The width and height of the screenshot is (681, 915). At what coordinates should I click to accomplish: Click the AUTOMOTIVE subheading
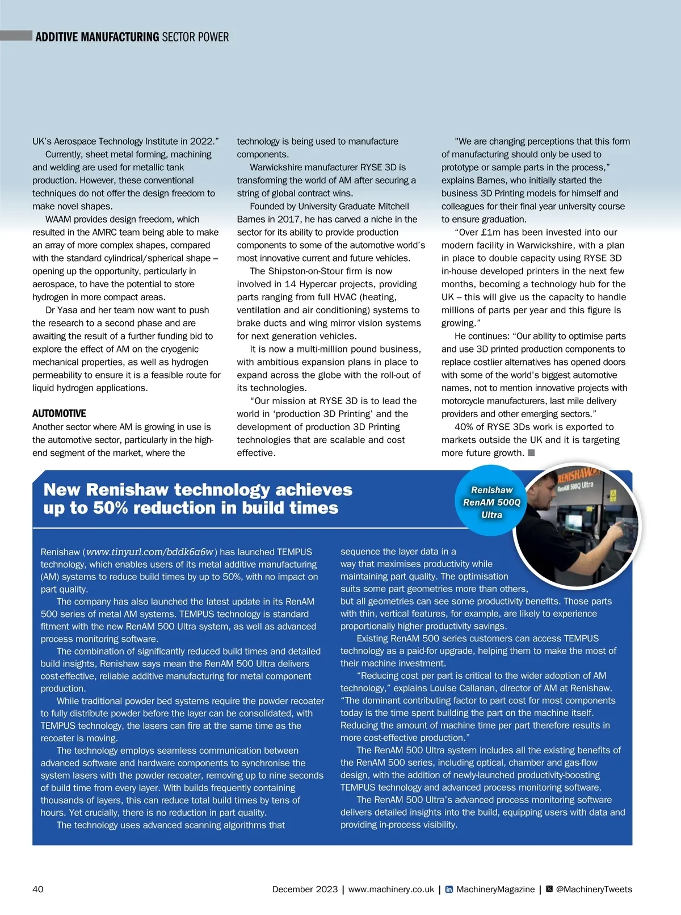(x=59, y=413)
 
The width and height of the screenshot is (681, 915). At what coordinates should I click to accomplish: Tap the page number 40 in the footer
(x=38, y=889)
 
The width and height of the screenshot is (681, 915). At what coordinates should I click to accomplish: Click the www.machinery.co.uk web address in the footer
(x=391, y=889)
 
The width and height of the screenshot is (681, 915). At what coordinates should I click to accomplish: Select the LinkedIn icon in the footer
(x=449, y=889)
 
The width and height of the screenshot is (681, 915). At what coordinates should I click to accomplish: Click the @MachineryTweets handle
(x=594, y=889)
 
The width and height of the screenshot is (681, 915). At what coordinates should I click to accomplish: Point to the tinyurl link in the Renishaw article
(x=150, y=552)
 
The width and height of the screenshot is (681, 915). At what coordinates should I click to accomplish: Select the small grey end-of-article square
(x=531, y=452)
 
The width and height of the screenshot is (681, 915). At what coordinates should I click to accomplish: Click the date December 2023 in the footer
(x=305, y=889)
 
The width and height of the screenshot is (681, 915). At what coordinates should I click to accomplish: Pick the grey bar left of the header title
(x=16, y=36)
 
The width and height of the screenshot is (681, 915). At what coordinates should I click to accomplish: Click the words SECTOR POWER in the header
(x=195, y=37)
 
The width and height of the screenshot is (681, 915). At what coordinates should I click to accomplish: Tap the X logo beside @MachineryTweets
(x=549, y=889)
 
